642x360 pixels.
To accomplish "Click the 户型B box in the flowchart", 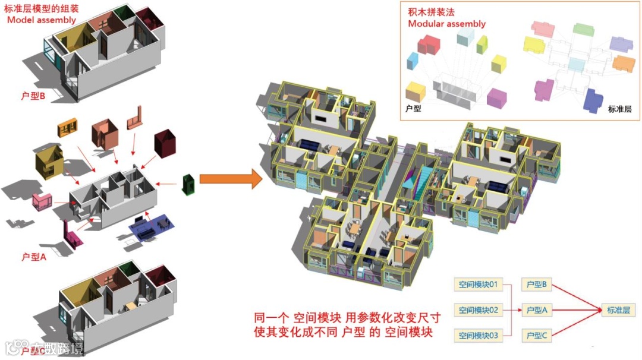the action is tap(536, 285).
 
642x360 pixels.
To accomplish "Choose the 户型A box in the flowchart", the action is tap(536, 310).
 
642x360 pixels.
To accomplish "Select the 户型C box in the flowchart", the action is tap(536, 336).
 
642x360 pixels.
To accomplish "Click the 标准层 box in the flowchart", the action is tap(618, 310).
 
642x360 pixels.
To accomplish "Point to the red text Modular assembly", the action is tap(446, 24).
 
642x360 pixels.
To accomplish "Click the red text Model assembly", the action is tap(42, 20).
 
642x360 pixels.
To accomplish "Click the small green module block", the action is tap(189, 184).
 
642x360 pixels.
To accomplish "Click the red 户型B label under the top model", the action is tap(33, 95).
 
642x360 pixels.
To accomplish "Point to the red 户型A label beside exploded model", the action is tap(33, 257).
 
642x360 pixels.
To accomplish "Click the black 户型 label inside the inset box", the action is tap(413, 109).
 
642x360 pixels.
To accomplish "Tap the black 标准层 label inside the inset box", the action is tap(619, 109).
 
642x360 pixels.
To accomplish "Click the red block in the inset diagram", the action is tap(429, 45).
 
